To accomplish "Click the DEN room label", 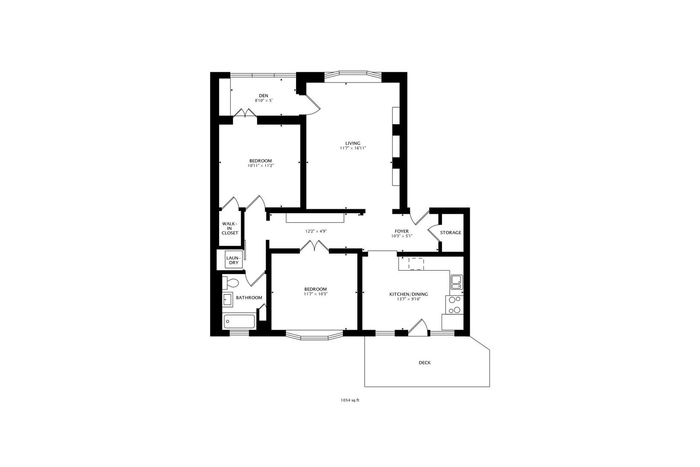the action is pyautogui.click(x=264, y=96).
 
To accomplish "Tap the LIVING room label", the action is pyautogui.click(x=353, y=144).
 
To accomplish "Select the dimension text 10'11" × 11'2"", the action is pyautogui.click(x=261, y=166).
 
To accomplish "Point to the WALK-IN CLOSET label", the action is pyautogui.click(x=230, y=228).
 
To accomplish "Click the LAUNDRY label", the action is pyautogui.click(x=234, y=260).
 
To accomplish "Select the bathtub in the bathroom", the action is pyautogui.click(x=239, y=322).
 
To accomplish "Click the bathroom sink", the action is pyautogui.click(x=228, y=300).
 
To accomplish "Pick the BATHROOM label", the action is pyautogui.click(x=249, y=298).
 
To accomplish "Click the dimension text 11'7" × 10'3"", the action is pyautogui.click(x=315, y=294).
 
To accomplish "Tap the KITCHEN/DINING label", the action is pyautogui.click(x=408, y=294).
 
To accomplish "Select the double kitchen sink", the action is pyautogui.click(x=457, y=282).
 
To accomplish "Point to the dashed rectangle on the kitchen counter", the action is pyautogui.click(x=416, y=264).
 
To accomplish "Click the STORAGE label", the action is pyautogui.click(x=451, y=233).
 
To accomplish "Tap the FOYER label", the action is pyautogui.click(x=401, y=231).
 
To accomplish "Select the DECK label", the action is pyautogui.click(x=424, y=363).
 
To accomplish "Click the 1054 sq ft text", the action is pyautogui.click(x=350, y=400).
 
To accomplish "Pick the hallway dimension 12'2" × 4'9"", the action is pyautogui.click(x=316, y=232).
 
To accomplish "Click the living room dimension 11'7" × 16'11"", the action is pyautogui.click(x=353, y=148).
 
